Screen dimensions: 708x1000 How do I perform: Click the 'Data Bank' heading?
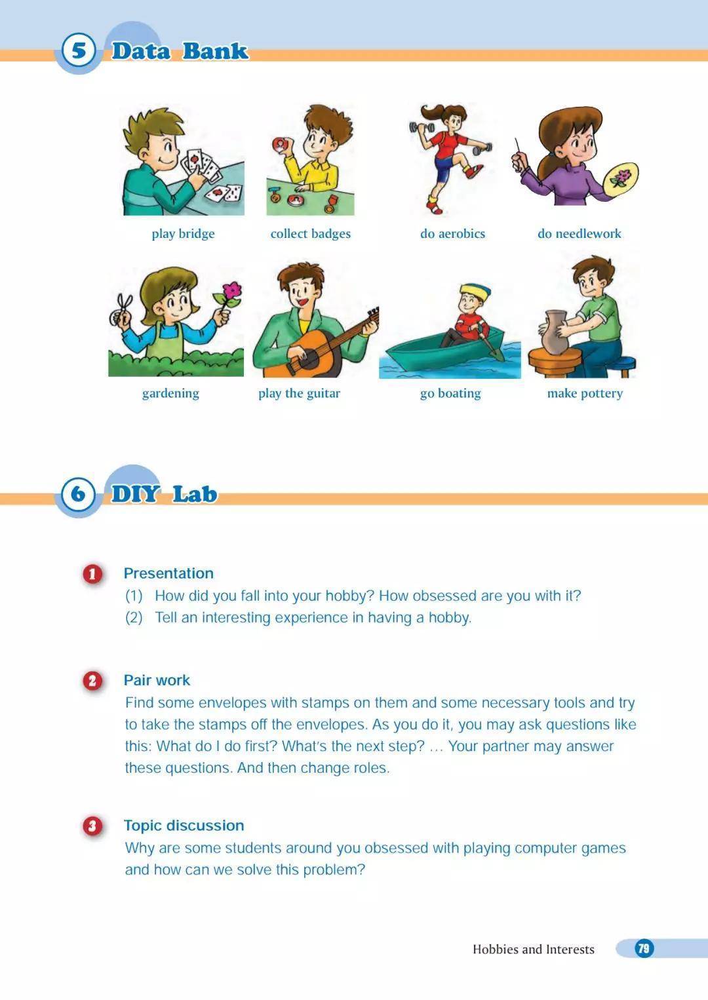[x=180, y=51]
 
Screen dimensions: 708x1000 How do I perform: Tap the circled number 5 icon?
[x=79, y=50]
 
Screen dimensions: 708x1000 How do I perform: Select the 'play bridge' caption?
[x=183, y=234]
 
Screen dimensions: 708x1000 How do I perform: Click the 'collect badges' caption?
[x=311, y=234]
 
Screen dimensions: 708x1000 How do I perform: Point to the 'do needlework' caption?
[x=580, y=233]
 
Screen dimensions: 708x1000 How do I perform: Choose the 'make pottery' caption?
[x=585, y=393]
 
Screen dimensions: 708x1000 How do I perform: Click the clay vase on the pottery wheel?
[x=554, y=330]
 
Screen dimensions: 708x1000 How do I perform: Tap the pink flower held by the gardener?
[x=232, y=290]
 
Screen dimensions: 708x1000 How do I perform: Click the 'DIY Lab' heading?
[x=164, y=494]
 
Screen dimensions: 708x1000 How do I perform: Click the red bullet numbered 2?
[x=92, y=682]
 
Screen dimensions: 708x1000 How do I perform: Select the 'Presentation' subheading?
[x=168, y=573]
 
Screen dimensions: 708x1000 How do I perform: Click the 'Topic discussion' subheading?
[x=184, y=826]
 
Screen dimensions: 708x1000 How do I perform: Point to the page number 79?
[x=644, y=948]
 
